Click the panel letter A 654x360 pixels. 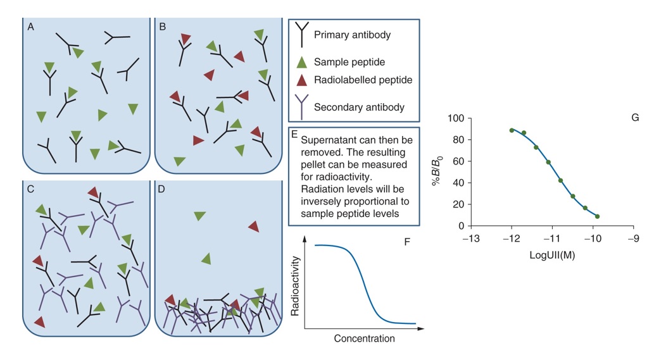(30, 27)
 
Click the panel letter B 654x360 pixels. (163, 27)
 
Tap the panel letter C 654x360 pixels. (30, 189)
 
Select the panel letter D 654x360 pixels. (163, 189)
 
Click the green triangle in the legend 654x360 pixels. (302, 62)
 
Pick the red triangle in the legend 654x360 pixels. (302, 80)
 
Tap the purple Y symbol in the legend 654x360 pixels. (302, 107)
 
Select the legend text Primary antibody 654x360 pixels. (352, 35)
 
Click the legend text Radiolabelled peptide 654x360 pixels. (363, 80)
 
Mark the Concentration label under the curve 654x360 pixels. (364, 338)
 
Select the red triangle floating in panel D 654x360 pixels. (253, 226)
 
